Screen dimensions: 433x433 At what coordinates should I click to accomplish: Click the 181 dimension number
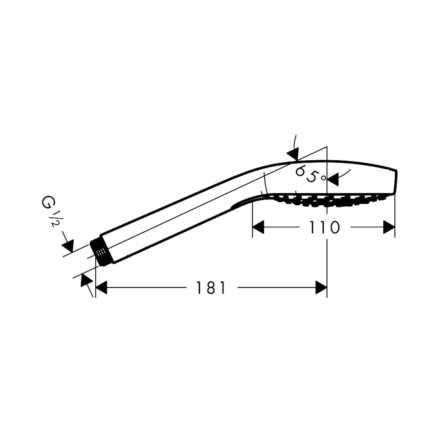tap(210, 288)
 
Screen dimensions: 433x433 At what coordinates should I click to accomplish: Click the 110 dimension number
tap(324, 227)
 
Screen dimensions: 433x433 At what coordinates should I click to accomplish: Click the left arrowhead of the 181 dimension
tap(101, 287)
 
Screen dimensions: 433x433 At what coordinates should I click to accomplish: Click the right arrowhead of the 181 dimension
tap(321, 287)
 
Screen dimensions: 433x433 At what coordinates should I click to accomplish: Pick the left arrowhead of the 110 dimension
tap(258, 227)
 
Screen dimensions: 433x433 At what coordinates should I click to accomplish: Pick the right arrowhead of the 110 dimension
tap(389, 227)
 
